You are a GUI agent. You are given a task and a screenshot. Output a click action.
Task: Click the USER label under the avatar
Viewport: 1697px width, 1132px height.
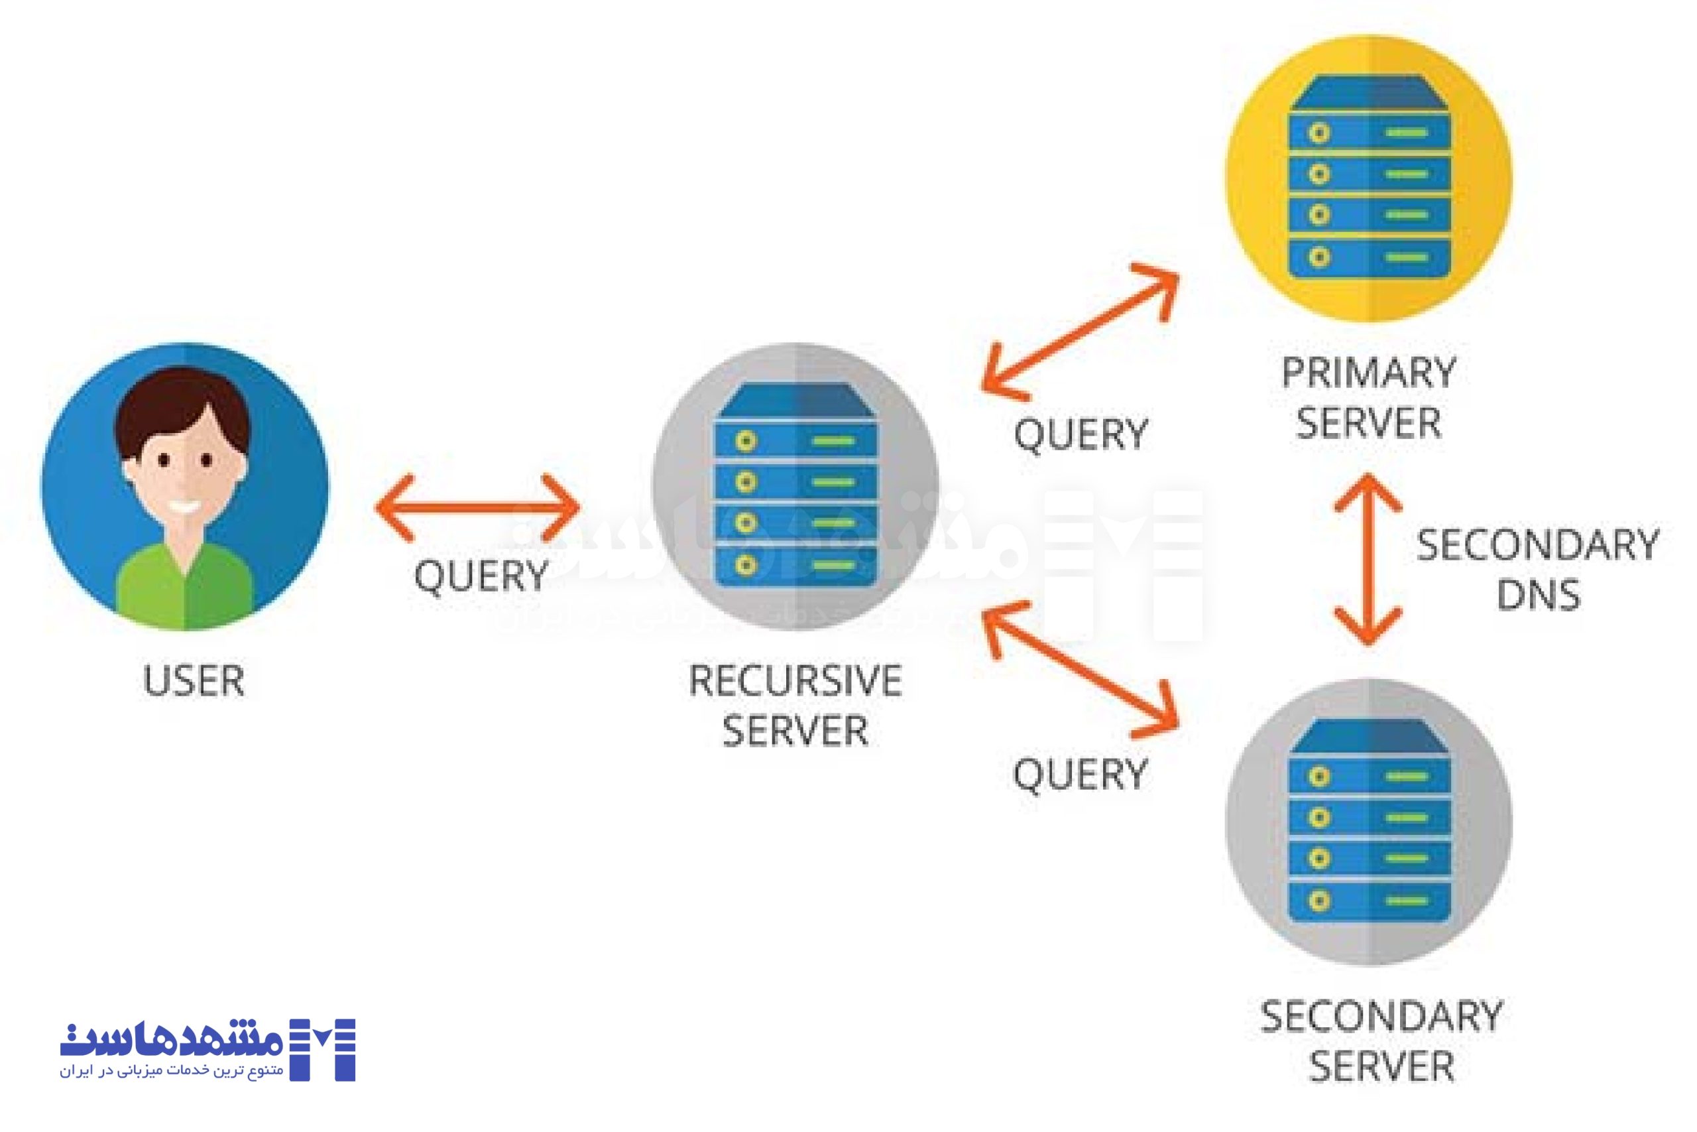click(194, 681)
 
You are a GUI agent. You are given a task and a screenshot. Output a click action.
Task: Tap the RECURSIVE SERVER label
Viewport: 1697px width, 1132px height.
click(795, 706)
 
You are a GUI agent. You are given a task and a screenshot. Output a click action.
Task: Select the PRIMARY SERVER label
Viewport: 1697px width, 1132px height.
click(1368, 398)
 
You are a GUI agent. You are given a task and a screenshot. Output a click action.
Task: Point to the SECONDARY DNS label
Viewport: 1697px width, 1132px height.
click(1537, 570)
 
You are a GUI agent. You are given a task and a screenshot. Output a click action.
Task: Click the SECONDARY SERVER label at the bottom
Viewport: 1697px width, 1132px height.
click(1381, 1041)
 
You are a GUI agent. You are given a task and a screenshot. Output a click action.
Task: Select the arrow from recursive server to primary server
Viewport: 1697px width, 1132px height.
click(1080, 332)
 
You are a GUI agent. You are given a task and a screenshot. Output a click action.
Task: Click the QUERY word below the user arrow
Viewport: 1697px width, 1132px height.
click(481, 576)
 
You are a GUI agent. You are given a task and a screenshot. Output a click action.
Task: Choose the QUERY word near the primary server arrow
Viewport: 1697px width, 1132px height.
click(1080, 434)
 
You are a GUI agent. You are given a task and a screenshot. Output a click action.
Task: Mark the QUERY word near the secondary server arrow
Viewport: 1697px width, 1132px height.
click(1080, 775)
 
